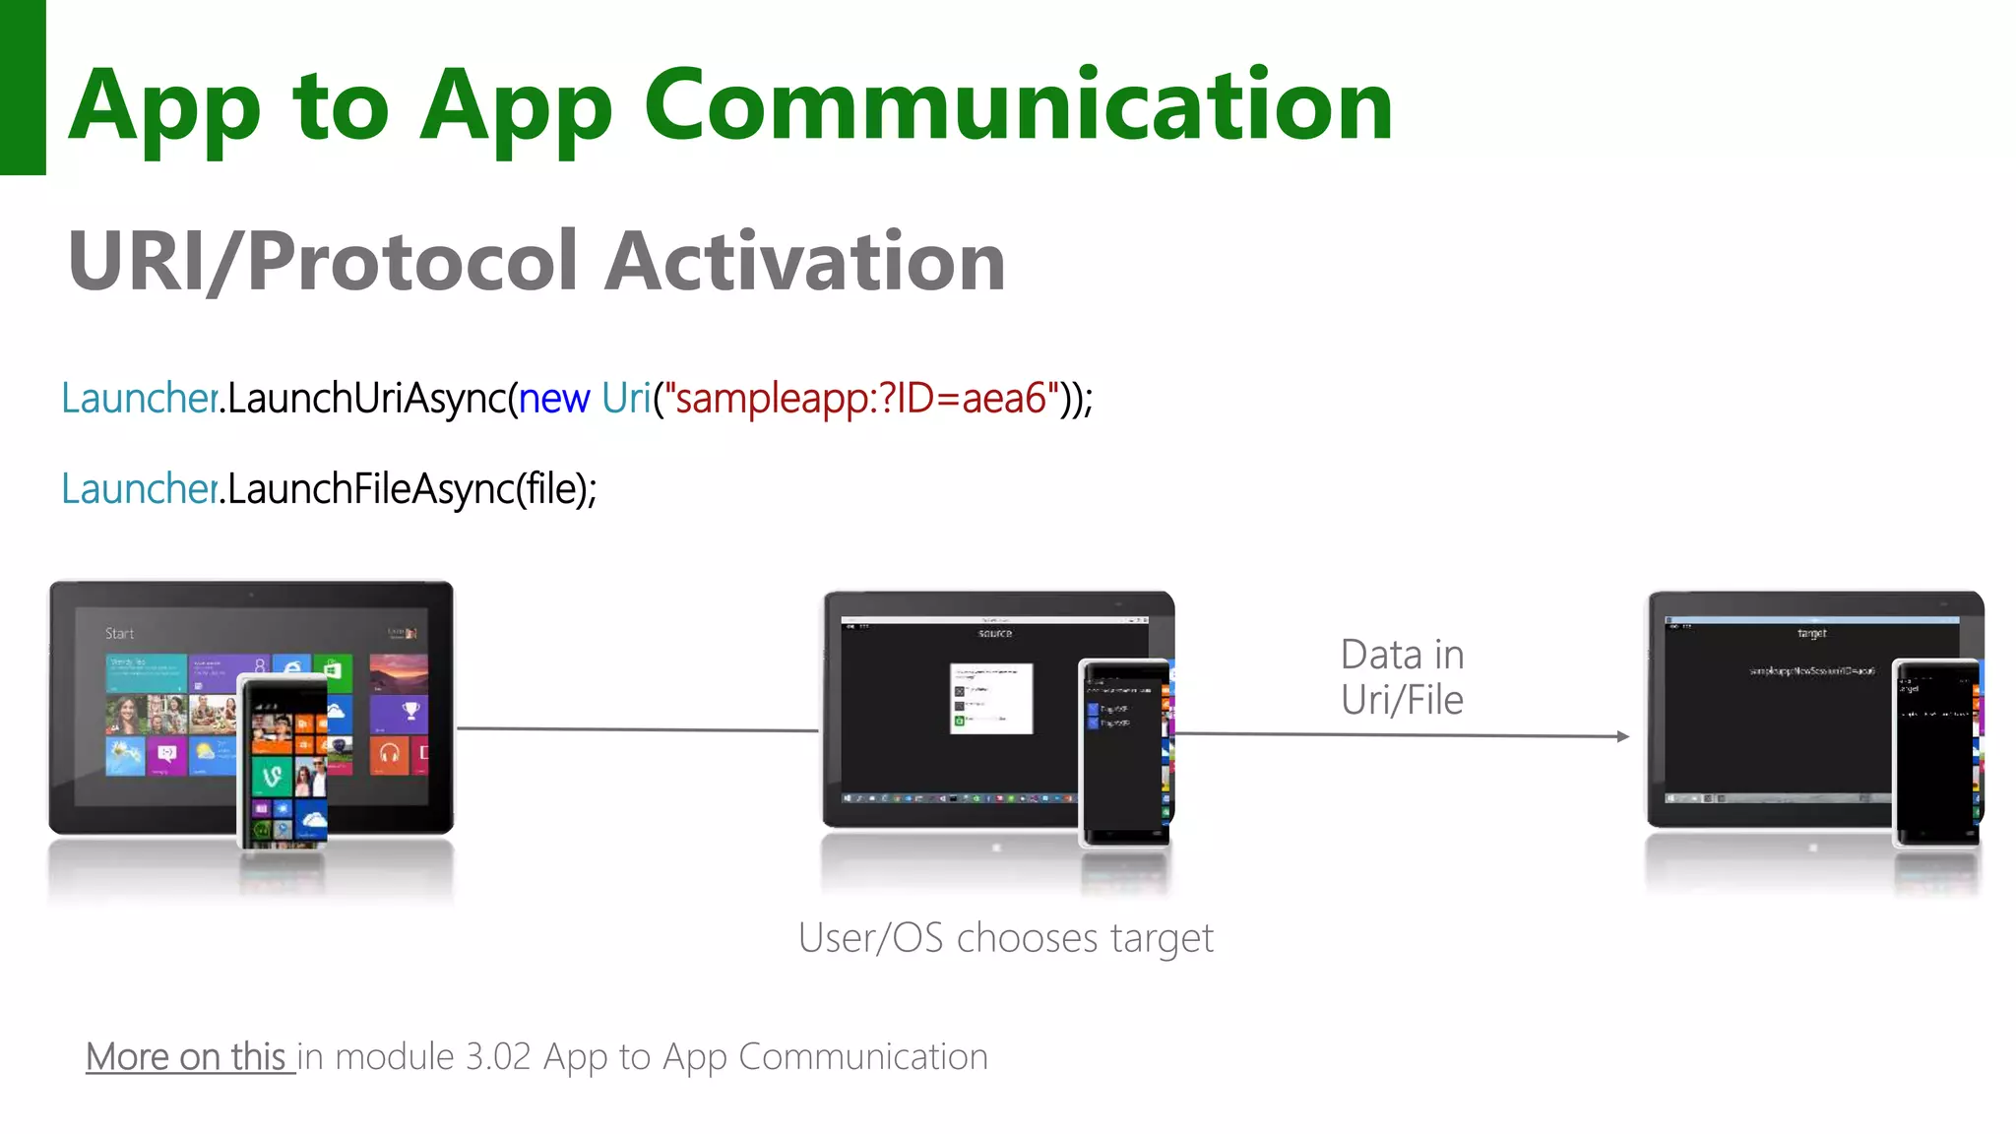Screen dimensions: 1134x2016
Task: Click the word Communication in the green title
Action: (1019, 105)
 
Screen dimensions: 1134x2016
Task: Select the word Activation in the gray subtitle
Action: (804, 261)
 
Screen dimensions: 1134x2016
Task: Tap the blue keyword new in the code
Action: (554, 399)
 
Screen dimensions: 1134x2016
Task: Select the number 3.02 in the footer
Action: (498, 1057)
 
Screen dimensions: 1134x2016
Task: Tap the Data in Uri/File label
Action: (1402, 677)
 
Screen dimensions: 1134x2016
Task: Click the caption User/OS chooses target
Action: (1005, 938)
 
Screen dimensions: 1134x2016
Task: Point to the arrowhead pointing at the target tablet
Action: (1622, 736)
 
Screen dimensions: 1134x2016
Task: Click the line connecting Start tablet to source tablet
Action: (638, 729)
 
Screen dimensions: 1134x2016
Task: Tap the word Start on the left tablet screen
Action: (119, 633)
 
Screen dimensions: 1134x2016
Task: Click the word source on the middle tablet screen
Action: (994, 633)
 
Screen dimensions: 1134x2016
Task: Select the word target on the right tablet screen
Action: (1811, 633)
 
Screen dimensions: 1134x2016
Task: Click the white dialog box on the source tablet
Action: (991, 698)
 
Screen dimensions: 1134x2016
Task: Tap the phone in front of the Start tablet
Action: (283, 761)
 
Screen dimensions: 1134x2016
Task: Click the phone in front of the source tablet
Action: (1125, 753)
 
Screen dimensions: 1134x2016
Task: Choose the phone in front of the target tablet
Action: (1936, 753)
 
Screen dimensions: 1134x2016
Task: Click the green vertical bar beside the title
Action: (23, 87)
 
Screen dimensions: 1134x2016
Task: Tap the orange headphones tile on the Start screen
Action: (390, 754)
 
